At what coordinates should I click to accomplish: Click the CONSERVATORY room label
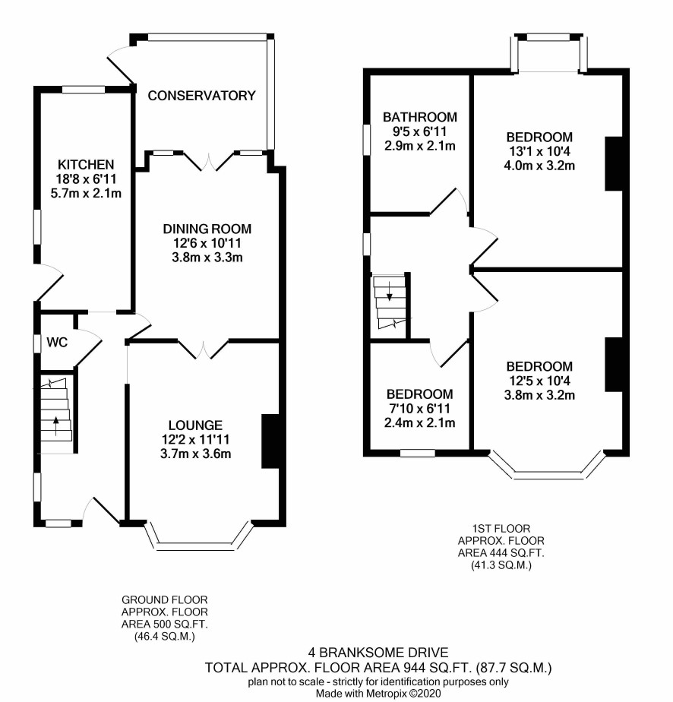pos(201,96)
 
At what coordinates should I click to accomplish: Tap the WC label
pos(57,343)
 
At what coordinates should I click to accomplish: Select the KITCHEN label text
pos(86,164)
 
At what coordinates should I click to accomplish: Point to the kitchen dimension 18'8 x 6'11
pos(86,179)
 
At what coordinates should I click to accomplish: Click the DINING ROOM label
pos(207,229)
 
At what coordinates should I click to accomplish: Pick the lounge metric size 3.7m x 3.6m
pos(195,454)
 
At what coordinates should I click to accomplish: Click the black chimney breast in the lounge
pos(270,441)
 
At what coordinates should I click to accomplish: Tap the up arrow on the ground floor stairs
pos(56,425)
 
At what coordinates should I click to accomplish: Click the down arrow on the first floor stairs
pos(390,291)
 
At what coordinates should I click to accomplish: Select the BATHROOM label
pos(420,117)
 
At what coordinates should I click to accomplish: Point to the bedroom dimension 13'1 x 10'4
pos(539,151)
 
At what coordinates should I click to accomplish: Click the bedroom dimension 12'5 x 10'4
pos(539,381)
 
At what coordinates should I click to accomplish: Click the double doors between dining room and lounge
pos(204,349)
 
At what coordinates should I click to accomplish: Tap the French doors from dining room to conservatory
pos(209,161)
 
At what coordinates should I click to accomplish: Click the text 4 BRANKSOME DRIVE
pos(378,653)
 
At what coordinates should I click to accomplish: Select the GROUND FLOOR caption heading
pos(165,599)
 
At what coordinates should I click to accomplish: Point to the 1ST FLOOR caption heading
pos(501,528)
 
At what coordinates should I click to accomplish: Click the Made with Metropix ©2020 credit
pos(378,694)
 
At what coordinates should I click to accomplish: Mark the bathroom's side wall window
pos(366,139)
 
